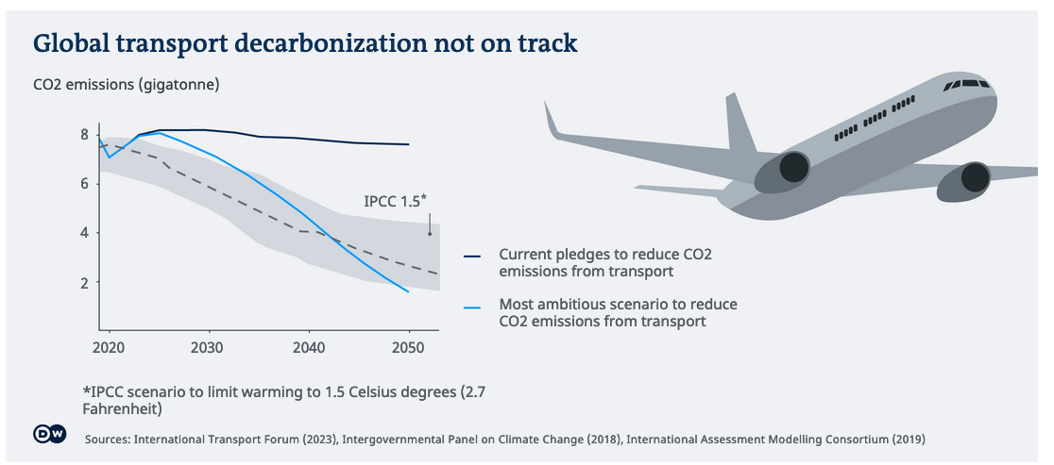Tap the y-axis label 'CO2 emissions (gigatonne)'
pos(127,85)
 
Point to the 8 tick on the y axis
pos(85,135)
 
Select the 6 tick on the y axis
pos(85,184)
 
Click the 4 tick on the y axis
pos(85,233)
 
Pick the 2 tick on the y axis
pos(85,282)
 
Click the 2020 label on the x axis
pos(109,347)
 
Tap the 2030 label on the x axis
pos(208,347)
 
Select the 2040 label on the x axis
pos(308,347)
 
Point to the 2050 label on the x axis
pos(407,347)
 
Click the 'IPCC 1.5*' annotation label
pos(396,201)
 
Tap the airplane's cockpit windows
pos(969,85)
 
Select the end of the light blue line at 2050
pos(408,291)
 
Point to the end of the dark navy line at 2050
pos(408,144)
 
